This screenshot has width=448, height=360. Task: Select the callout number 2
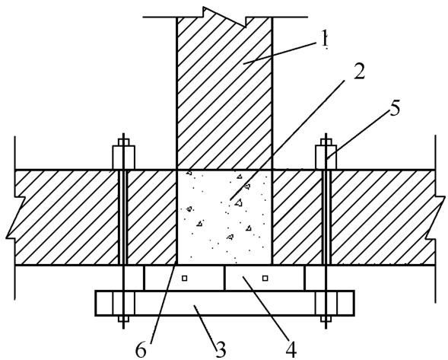pyautogui.click(x=359, y=72)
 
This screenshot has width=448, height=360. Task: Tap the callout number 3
pyautogui.click(x=221, y=349)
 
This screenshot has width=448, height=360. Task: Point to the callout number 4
pyautogui.click(x=291, y=349)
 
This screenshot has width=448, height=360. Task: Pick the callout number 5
pyautogui.click(x=394, y=108)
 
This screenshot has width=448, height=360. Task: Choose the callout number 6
pyautogui.click(x=141, y=350)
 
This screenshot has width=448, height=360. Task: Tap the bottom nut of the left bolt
pyautogui.click(x=123, y=319)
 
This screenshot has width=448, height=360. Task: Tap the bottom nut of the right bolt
pyautogui.click(x=326, y=319)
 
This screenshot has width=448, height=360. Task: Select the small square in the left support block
pyautogui.click(x=185, y=278)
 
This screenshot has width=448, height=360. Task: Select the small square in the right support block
pyautogui.click(x=265, y=278)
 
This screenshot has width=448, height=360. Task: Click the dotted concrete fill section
pyautogui.click(x=224, y=218)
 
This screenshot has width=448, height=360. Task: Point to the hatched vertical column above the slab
pyautogui.click(x=224, y=94)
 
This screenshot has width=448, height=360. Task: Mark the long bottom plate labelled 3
pyautogui.click(x=225, y=303)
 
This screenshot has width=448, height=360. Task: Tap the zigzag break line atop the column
pyautogui.click(x=224, y=18)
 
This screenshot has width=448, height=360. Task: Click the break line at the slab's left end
pyautogui.click(x=14, y=218)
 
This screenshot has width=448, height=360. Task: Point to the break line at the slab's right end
pyautogui.click(x=435, y=218)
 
